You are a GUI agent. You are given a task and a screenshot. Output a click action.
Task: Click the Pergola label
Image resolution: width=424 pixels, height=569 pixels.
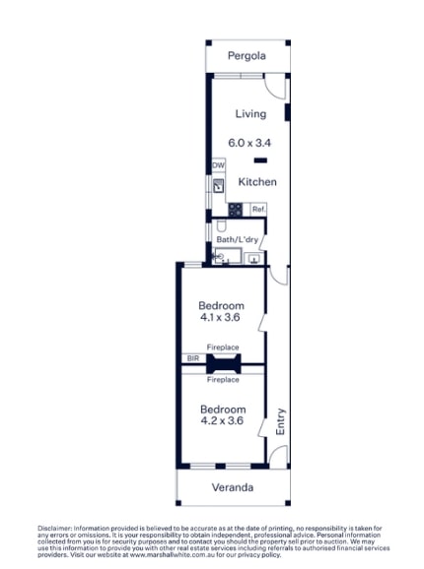247,56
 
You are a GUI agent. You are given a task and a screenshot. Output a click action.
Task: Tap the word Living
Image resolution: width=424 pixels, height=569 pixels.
249,114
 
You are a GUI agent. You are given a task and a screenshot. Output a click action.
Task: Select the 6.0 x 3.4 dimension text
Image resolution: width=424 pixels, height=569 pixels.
249,143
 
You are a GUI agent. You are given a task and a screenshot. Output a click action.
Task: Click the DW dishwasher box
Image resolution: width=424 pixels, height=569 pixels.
218,166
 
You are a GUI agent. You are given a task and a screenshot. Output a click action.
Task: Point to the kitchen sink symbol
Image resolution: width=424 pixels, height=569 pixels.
218,184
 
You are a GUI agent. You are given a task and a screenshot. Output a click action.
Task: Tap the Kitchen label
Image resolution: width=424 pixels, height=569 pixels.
256,182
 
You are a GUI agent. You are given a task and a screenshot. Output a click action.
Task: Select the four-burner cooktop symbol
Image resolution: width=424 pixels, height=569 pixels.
236,209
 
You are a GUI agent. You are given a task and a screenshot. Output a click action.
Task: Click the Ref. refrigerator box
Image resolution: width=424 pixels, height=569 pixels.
258,210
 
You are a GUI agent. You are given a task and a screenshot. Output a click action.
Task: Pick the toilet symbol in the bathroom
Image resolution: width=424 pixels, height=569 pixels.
221,258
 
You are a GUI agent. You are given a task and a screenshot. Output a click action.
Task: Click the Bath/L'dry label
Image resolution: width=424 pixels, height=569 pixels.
237,239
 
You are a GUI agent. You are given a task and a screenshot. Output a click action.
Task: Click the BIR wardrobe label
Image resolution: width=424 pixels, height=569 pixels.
192,358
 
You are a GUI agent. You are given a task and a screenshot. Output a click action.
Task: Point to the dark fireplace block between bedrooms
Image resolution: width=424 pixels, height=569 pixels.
223,364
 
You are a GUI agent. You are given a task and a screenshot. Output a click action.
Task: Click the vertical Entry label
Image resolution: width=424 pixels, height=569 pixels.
280,421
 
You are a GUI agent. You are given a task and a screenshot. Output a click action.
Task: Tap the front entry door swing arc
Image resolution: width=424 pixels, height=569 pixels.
279,455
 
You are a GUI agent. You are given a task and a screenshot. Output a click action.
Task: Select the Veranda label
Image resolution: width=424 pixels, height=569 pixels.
233,487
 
